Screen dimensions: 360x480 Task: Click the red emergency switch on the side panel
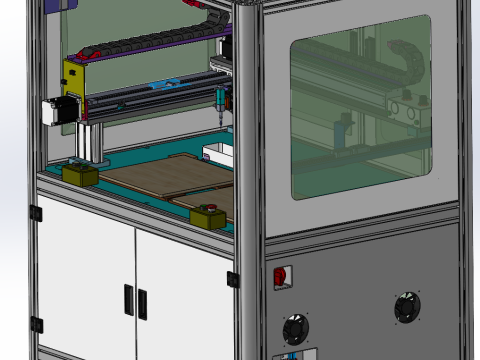coord(282,277)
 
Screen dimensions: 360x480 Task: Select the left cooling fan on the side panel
coord(297,328)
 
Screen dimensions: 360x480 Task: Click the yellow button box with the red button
coord(209,215)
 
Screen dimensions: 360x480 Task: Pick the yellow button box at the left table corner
coord(79,174)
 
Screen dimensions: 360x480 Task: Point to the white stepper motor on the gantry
coord(55,109)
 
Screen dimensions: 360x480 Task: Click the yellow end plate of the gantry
coord(74,93)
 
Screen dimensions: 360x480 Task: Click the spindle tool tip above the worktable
coord(218,112)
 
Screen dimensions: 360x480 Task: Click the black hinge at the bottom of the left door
coord(37,323)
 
